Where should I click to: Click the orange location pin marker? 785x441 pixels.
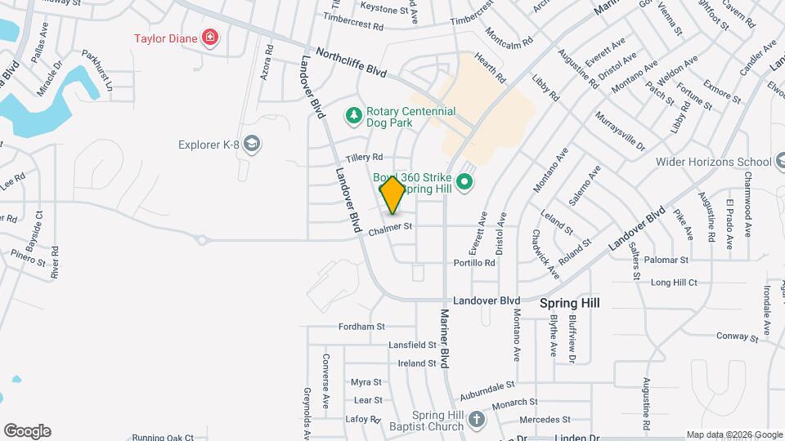click(x=392, y=194)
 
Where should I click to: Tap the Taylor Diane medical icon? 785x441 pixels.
click(x=211, y=37)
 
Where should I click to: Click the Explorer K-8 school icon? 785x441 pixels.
click(x=253, y=145)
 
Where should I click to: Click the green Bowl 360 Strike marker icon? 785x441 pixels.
click(x=465, y=181)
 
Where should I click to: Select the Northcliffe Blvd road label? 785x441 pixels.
click(x=352, y=60)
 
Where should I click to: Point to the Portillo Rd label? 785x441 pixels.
click(x=474, y=263)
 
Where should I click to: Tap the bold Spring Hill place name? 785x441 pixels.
click(x=570, y=303)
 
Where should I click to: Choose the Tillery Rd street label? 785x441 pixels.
click(x=364, y=157)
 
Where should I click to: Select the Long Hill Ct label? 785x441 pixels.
click(x=674, y=283)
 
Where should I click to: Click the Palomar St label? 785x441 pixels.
click(x=666, y=260)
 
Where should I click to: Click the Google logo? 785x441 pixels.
click(x=27, y=431)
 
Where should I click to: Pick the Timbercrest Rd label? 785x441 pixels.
click(x=353, y=22)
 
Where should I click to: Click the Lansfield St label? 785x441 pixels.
click(x=414, y=345)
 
